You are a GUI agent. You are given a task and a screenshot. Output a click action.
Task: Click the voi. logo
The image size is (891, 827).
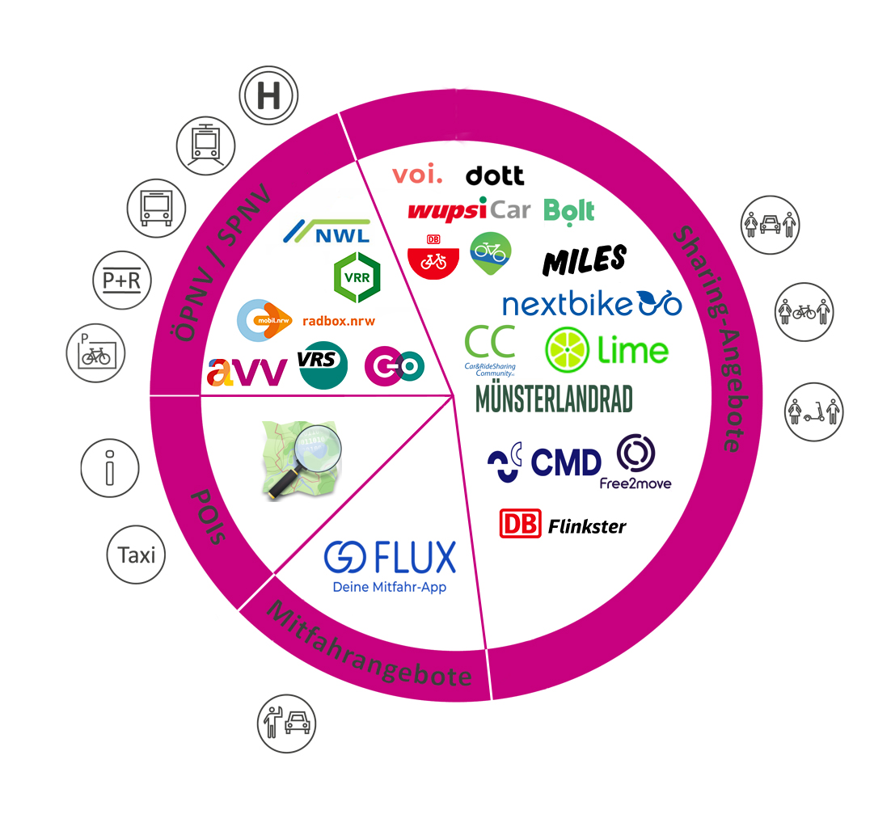(417, 174)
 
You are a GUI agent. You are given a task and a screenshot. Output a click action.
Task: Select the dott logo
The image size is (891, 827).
(495, 175)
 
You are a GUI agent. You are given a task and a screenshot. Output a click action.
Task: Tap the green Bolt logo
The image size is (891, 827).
(569, 211)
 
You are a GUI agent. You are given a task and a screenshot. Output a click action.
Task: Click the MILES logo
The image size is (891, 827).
(585, 259)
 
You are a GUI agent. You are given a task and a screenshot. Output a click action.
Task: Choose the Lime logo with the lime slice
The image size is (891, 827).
(607, 350)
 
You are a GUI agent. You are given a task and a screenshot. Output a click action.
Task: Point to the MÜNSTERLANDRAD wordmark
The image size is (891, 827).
(554, 399)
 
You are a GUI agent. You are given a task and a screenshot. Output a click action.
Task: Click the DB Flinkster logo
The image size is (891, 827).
(563, 525)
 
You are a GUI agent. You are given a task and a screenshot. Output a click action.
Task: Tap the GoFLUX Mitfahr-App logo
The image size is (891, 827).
(390, 566)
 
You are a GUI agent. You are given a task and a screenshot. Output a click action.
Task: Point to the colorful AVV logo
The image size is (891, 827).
(247, 371)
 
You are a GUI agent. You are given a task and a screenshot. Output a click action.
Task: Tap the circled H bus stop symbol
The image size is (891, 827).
(269, 97)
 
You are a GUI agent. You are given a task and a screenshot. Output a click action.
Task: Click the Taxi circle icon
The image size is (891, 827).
(136, 555)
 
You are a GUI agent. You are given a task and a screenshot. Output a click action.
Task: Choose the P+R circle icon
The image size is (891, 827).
(121, 281)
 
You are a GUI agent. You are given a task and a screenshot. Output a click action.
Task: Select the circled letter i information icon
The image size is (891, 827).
(111, 468)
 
